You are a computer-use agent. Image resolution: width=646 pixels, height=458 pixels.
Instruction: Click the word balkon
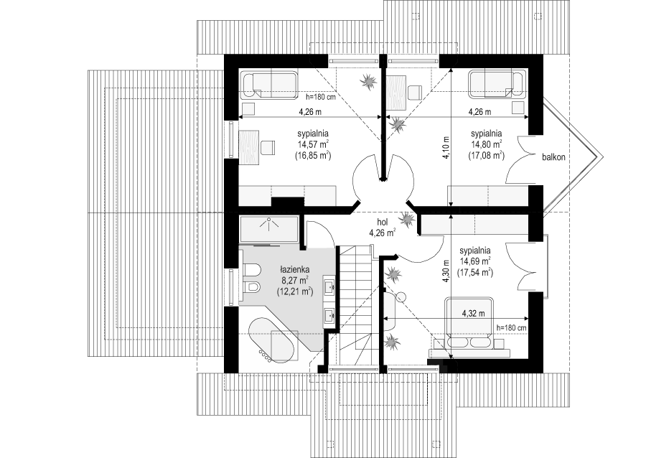pyautogui.click(x=553, y=157)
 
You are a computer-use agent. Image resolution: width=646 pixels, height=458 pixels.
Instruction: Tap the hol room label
pyautogui.click(x=383, y=223)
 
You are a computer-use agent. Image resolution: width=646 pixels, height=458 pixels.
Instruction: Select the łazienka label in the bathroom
pyautogui.click(x=294, y=270)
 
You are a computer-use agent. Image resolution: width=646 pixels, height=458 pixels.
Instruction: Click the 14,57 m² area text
pyautogui.click(x=313, y=144)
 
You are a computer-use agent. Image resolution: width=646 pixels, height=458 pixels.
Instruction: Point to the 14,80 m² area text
pyautogui.click(x=486, y=144)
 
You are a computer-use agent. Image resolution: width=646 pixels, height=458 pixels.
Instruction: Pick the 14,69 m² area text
pyautogui.click(x=475, y=261)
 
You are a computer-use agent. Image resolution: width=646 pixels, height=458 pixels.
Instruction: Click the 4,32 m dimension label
pyautogui.click(x=474, y=313)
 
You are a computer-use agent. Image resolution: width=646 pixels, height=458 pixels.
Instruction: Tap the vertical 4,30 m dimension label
pyautogui.click(x=445, y=271)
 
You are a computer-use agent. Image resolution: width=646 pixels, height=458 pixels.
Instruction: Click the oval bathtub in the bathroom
pyautogui.click(x=271, y=340)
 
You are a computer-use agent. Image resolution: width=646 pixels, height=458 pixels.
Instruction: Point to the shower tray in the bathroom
pyautogui.click(x=268, y=229)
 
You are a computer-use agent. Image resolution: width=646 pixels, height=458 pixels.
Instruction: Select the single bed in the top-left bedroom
pyautogui.click(x=268, y=85)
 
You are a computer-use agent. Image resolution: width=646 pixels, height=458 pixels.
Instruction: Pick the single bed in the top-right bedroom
pyautogui.click(x=497, y=85)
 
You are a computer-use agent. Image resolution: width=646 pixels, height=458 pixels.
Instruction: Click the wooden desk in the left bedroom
pyautogui.click(x=249, y=147)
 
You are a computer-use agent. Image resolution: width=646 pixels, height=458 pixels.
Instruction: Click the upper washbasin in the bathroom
pyautogui.click(x=330, y=286)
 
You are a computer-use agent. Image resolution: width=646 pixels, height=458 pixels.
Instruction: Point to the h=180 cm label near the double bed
pyautogui.click(x=512, y=328)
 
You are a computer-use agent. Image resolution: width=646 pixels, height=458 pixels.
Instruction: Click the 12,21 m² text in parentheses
pyautogui.click(x=295, y=291)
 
